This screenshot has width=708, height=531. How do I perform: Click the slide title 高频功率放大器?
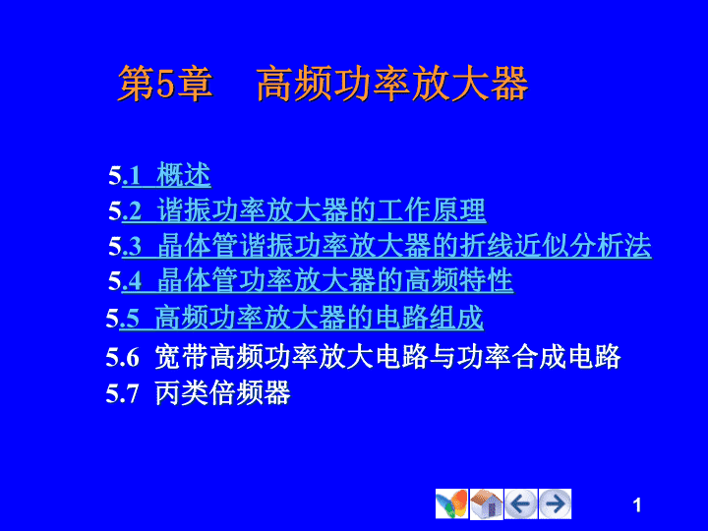[x=392, y=84]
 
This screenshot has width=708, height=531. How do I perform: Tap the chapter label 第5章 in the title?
[x=165, y=84]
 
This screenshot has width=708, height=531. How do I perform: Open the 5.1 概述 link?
[x=160, y=175]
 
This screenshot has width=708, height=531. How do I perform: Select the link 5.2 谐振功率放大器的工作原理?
[x=298, y=210]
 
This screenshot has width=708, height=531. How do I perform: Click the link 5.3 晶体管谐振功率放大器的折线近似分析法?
[x=381, y=246]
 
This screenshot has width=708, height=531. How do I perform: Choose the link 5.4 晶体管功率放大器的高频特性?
[x=311, y=280]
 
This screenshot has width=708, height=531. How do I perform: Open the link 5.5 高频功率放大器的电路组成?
[x=295, y=318]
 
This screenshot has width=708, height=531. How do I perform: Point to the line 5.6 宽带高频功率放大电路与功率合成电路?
[x=364, y=357]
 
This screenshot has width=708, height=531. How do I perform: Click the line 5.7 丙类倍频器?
[x=198, y=392]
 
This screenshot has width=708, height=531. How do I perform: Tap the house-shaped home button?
[x=487, y=503]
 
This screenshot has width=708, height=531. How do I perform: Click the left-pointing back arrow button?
[x=520, y=503]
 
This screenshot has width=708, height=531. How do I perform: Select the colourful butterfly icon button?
[x=452, y=503]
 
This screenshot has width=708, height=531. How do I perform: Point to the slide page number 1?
[x=637, y=505]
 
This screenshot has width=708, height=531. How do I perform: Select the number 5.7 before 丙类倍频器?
[x=122, y=393]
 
